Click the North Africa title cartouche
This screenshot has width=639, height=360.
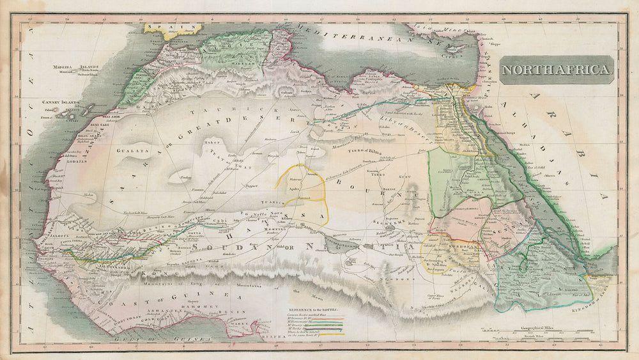557,69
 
